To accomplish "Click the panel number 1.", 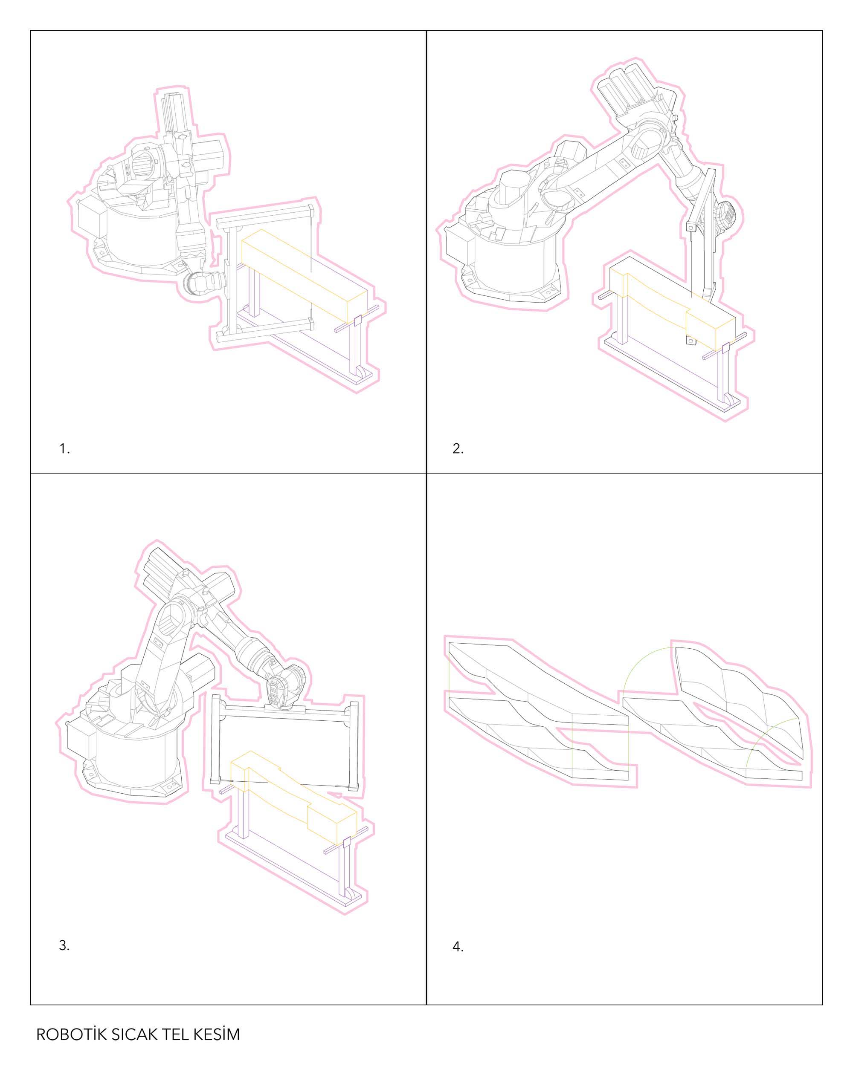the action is pyautogui.click(x=64, y=449).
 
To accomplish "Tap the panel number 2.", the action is pyautogui.click(x=458, y=449).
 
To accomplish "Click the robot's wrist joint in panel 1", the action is pyautogui.click(x=200, y=284).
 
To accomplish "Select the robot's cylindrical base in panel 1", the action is pyautogui.click(x=137, y=237).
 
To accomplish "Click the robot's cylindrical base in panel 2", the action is pyautogui.click(x=514, y=259).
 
